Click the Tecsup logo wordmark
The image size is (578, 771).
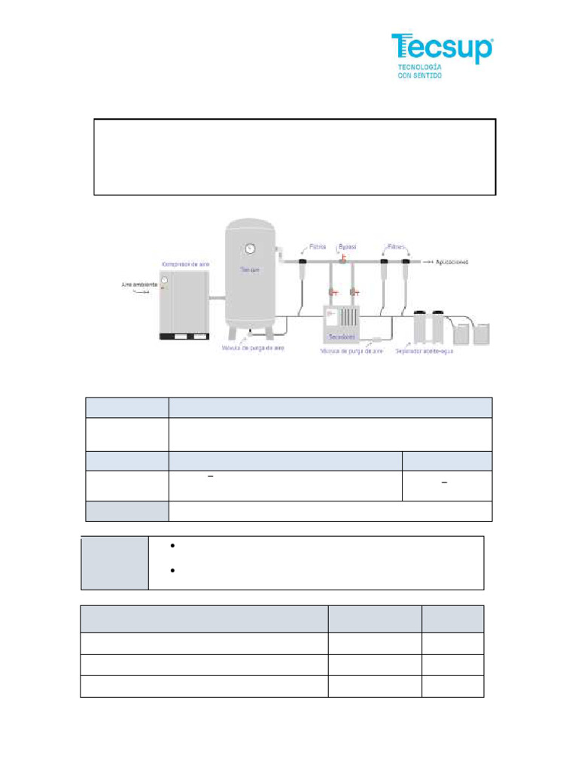442,48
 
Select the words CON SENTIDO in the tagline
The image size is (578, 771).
420,75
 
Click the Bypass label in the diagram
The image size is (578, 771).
347,246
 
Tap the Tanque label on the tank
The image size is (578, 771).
249,269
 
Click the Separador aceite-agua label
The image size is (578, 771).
433,351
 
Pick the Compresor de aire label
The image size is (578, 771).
185,264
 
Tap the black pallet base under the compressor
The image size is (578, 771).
184,337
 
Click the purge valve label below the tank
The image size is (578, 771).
253,349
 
